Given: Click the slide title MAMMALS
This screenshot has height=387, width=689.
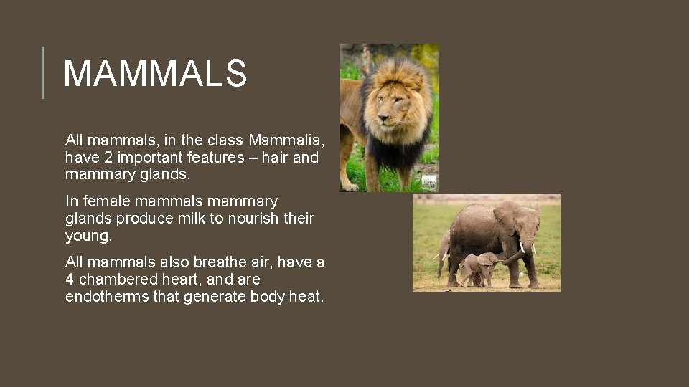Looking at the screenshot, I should click(155, 73).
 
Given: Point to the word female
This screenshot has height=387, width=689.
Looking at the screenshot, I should click(105, 201).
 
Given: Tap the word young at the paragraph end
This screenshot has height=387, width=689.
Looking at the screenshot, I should click(88, 236).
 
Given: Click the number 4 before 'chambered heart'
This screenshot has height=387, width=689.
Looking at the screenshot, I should click(70, 279).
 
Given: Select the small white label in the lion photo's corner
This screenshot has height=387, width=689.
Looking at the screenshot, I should click(429, 183).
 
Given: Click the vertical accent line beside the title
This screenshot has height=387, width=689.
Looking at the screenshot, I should click(43, 72).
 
